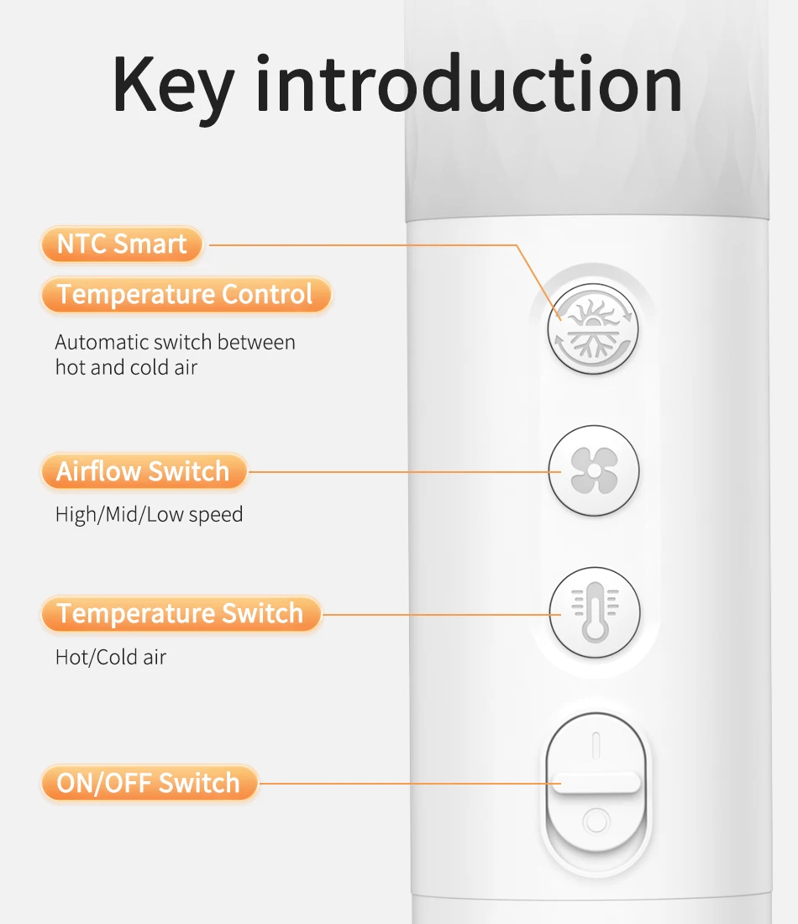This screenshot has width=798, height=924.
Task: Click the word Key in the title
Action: [175, 88]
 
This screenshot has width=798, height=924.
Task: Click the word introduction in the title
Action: [469, 83]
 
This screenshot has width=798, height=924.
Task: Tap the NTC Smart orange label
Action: [122, 244]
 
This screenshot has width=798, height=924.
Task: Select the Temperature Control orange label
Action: [186, 294]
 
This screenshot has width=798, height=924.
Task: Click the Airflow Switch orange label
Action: [144, 471]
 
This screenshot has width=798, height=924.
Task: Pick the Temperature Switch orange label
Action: [181, 613]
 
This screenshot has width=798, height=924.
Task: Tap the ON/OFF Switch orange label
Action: [150, 783]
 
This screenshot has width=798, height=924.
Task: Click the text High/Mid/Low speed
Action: [150, 514]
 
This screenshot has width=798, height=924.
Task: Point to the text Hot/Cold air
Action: [111, 657]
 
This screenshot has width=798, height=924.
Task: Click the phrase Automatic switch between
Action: [175, 342]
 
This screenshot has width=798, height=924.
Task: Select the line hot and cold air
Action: [126, 367]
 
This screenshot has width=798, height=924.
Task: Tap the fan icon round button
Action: [594, 471]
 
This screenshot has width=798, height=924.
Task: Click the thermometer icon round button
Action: [595, 612]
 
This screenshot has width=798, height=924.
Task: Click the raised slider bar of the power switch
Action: [596, 783]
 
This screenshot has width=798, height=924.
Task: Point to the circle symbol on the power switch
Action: [596, 821]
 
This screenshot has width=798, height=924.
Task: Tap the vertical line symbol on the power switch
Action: [596, 745]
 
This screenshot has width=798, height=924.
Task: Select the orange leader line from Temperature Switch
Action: [442, 615]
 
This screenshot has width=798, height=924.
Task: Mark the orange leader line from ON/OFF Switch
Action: [410, 784]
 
